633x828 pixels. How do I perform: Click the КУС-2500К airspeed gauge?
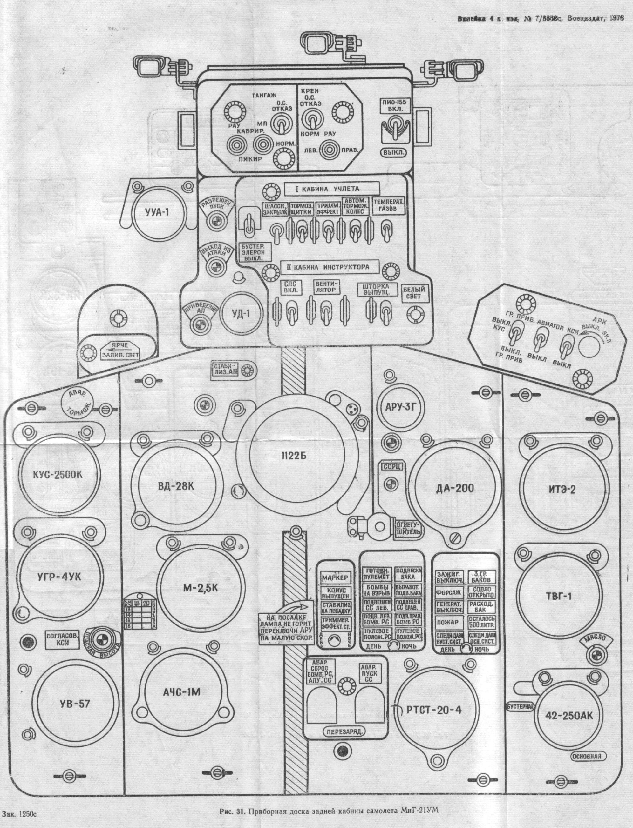pyautogui.click(x=57, y=475)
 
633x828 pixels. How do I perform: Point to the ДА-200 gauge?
pyautogui.click(x=455, y=489)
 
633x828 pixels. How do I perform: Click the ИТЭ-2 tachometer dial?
pyautogui.click(x=562, y=489)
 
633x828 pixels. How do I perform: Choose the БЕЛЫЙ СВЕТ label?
pyautogui.click(x=414, y=293)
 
